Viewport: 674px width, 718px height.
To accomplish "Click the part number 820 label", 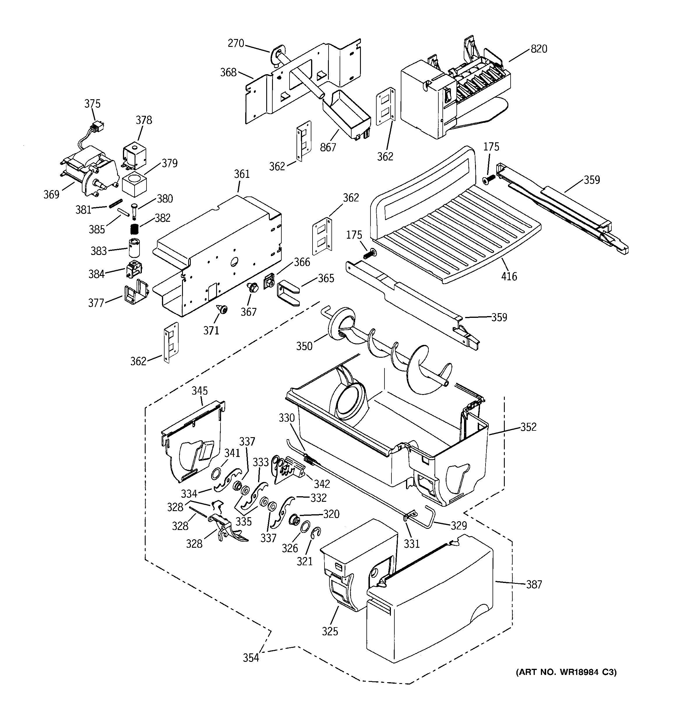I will (x=539, y=49).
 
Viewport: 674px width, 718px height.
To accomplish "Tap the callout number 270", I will (x=236, y=43).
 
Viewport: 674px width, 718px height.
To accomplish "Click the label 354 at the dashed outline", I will (x=251, y=658).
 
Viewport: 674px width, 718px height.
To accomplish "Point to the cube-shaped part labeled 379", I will (x=134, y=184).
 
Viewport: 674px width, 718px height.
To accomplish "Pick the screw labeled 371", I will (x=222, y=309).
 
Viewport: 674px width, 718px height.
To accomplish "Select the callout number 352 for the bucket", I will (x=528, y=427).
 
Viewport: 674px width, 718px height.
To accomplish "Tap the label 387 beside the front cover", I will (x=534, y=584).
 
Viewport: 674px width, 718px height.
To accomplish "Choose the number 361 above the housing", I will (x=242, y=174).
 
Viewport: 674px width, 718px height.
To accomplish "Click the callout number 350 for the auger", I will (x=304, y=346).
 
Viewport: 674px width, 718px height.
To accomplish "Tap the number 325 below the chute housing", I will (x=330, y=631).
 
